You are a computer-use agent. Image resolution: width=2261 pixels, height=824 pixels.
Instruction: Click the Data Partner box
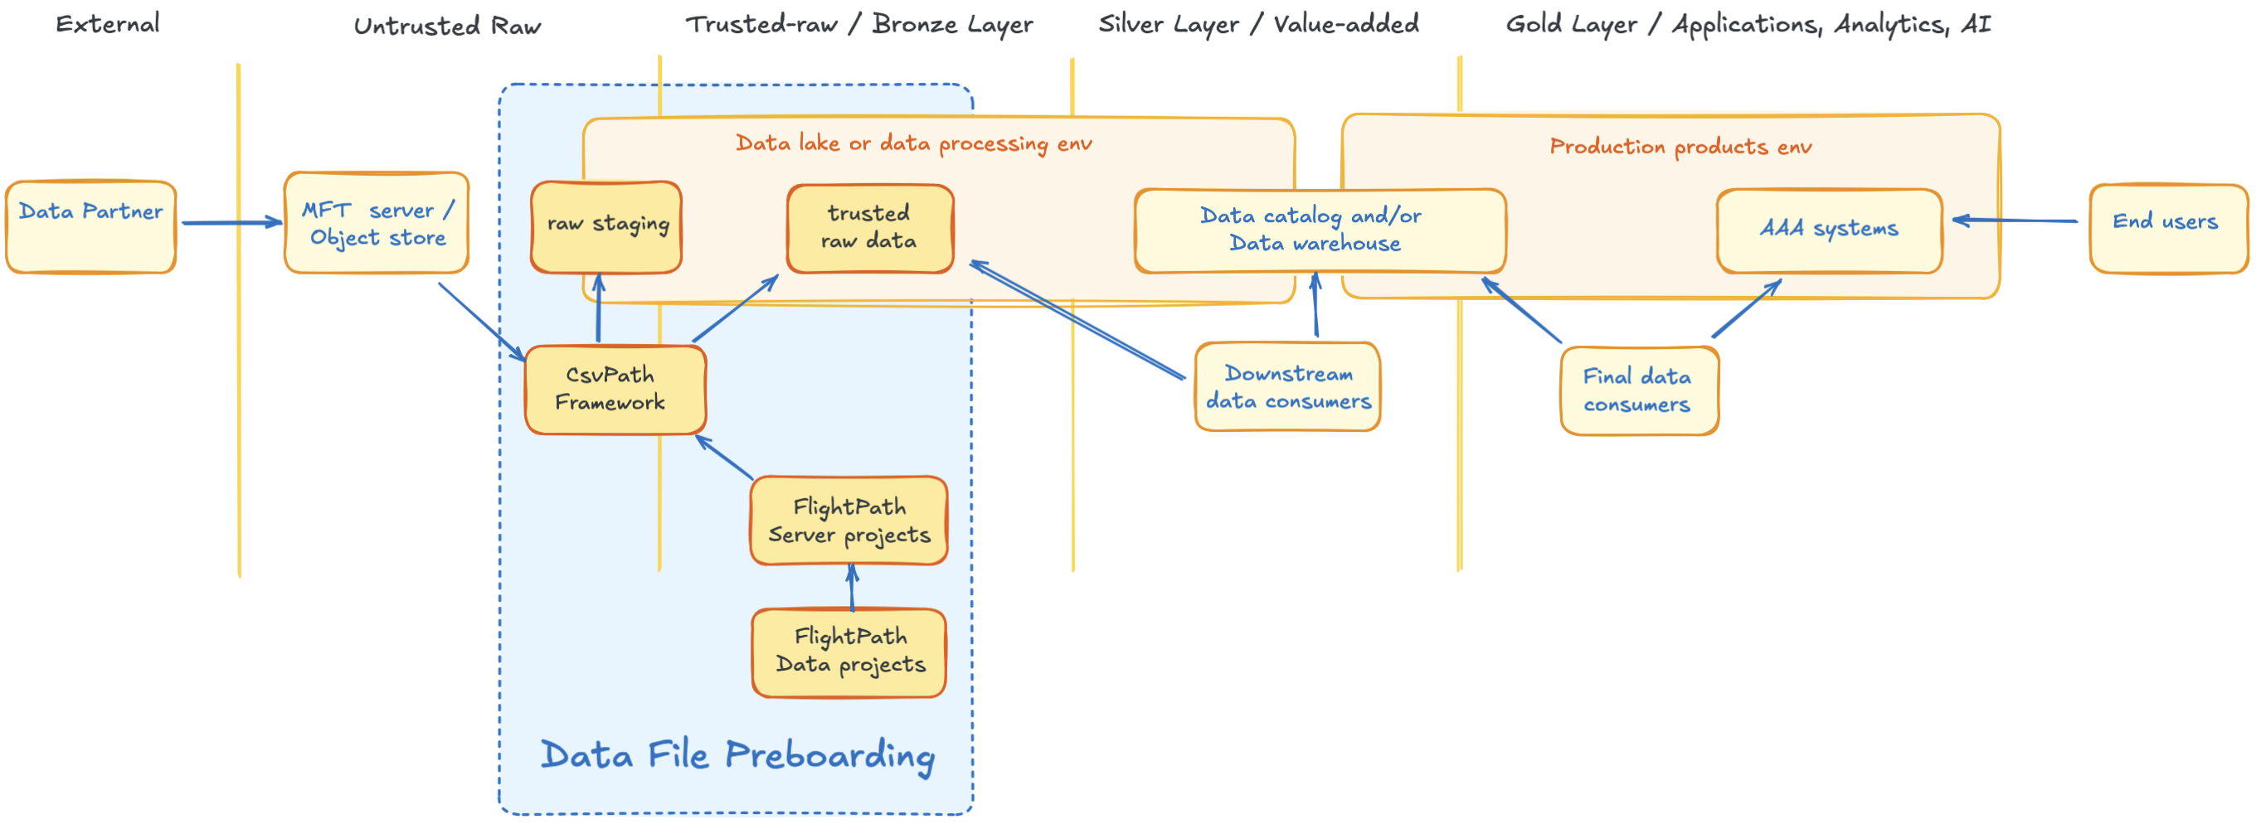[90, 226]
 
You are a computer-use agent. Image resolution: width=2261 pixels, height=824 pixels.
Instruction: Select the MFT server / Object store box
[377, 223]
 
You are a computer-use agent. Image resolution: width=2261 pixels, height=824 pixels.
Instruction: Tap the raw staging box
[606, 226]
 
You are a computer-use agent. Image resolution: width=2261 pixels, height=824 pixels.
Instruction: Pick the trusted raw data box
[869, 228]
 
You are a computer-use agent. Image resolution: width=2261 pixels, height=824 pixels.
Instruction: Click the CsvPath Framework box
[615, 389]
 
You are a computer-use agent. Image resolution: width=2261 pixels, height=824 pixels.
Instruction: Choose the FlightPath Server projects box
[848, 521]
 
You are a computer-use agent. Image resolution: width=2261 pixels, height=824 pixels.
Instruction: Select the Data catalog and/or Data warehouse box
[1320, 230]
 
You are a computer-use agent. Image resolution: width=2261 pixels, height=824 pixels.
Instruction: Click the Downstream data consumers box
[1286, 387]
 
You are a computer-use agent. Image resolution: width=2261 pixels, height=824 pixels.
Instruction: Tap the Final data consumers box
[1639, 390]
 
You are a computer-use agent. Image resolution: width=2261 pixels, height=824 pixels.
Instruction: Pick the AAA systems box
[1829, 230]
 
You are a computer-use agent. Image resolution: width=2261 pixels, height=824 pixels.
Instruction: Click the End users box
[2167, 227]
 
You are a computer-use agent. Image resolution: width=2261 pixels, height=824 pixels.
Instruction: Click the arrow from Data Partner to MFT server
[231, 223]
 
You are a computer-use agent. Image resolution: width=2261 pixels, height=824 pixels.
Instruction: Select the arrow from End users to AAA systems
[2015, 221]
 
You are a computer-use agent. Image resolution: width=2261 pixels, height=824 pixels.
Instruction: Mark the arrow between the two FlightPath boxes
[851, 587]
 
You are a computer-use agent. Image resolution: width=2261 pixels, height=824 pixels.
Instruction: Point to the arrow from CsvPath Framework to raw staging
[599, 308]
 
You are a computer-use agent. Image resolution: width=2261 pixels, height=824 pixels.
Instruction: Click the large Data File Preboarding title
[737, 755]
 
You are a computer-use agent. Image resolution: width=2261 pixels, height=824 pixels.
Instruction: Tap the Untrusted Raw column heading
[447, 26]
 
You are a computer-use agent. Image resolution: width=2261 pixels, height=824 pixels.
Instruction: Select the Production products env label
[1680, 147]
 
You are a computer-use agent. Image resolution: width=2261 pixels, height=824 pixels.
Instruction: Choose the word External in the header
[108, 24]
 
